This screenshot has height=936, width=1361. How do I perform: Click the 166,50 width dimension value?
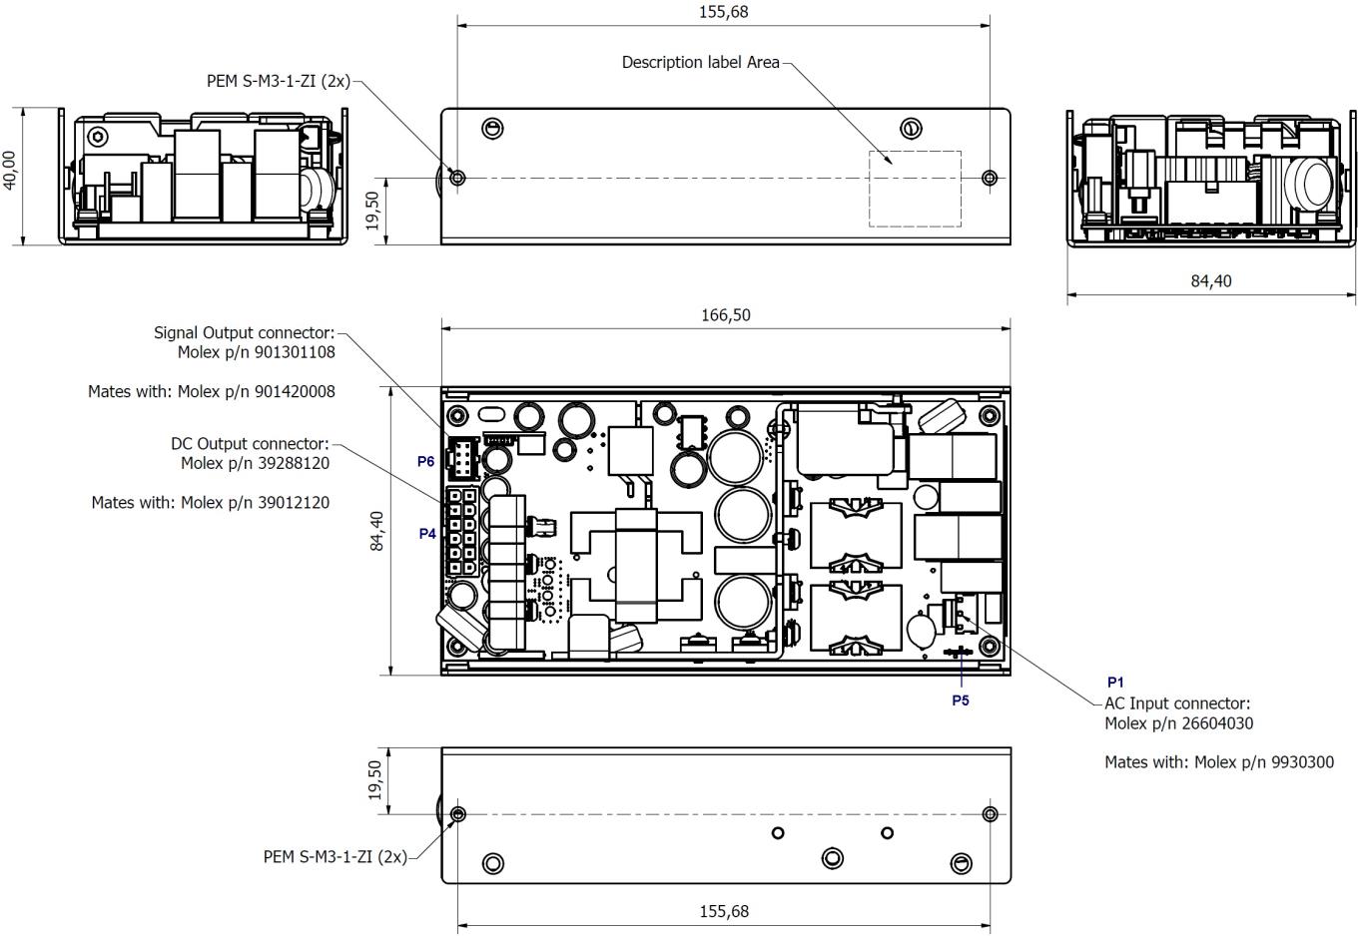(x=725, y=315)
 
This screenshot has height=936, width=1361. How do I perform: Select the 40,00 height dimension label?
(x=10, y=171)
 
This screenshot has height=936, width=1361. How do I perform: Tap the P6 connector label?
(x=425, y=462)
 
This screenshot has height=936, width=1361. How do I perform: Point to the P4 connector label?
(x=427, y=534)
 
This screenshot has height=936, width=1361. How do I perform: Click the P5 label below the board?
(x=960, y=701)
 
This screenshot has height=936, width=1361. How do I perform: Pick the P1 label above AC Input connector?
(x=1115, y=683)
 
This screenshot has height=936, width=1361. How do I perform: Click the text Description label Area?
(x=700, y=62)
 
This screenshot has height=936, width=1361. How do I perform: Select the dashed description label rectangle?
(x=915, y=189)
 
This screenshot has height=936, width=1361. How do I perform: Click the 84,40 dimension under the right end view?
(x=1210, y=281)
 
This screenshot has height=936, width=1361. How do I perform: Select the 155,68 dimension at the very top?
(x=723, y=12)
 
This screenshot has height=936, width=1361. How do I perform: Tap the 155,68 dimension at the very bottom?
(x=723, y=911)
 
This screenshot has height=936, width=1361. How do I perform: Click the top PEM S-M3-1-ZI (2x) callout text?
(x=279, y=82)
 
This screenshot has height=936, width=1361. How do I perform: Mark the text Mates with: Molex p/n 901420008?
(x=212, y=392)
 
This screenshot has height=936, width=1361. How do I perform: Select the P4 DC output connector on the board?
(x=460, y=533)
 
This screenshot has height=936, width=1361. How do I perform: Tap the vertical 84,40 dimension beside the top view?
(x=377, y=531)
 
